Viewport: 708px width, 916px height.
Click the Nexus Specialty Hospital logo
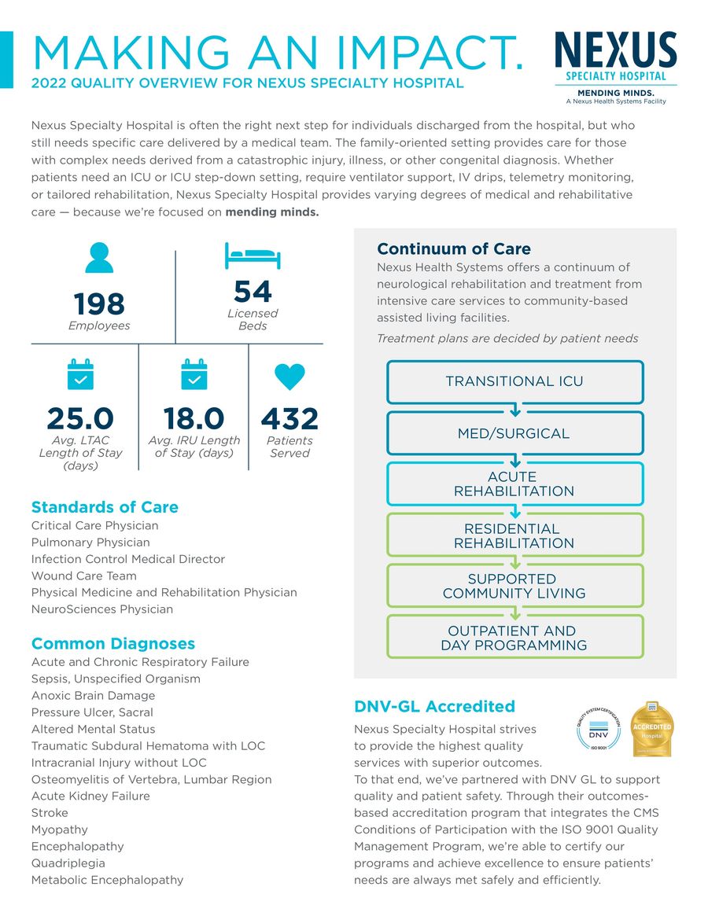(615, 68)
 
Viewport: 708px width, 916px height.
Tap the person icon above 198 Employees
(99, 257)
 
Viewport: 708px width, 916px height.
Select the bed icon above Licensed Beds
(253, 256)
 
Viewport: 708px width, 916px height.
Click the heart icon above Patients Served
(289, 376)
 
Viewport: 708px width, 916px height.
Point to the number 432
(289, 418)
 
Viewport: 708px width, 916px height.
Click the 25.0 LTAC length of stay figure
(80, 418)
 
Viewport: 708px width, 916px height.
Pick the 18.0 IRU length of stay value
(194, 418)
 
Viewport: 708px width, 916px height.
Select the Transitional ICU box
(514, 381)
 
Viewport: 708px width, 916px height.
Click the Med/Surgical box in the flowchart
(514, 433)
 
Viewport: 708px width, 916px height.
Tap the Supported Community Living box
(514, 586)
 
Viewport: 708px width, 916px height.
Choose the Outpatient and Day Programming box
(514, 638)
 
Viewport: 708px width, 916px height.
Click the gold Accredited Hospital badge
(652, 728)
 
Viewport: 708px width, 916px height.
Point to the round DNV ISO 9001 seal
(600, 728)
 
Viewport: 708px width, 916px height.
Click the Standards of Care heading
(105, 507)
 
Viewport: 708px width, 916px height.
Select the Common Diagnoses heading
(113, 644)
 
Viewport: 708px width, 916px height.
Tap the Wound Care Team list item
(83, 576)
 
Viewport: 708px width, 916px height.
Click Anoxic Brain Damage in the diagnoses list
(93, 695)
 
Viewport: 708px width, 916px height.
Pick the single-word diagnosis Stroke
(50, 812)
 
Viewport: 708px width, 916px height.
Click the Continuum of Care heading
(454, 249)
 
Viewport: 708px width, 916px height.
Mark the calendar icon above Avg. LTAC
(80, 375)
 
